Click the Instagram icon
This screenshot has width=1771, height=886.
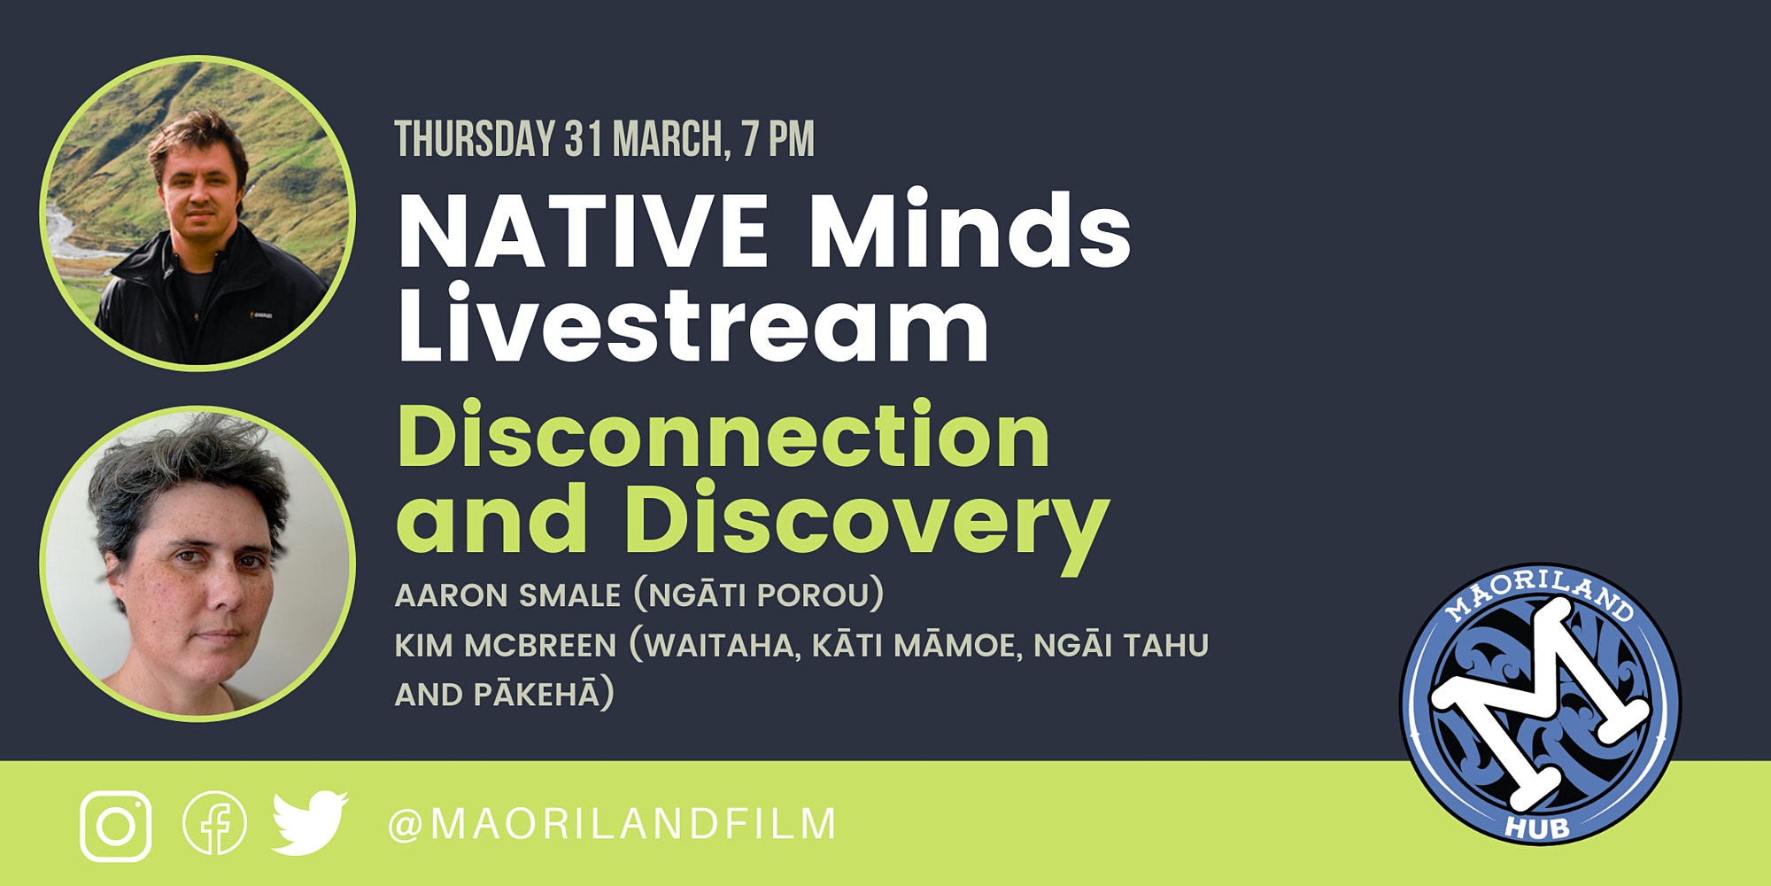point(115,827)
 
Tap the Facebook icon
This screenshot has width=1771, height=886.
point(214,823)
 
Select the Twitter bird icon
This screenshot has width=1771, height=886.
point(310,823)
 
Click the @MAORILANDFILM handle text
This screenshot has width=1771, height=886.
point(612,824)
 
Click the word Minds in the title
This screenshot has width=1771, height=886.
point(969,229)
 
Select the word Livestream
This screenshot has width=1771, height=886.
point(693,323)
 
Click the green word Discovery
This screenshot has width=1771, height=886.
point(866,523)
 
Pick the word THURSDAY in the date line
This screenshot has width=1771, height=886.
point(476,139)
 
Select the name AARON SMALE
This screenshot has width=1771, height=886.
point(507,595)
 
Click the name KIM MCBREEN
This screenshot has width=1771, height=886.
point(505,645)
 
